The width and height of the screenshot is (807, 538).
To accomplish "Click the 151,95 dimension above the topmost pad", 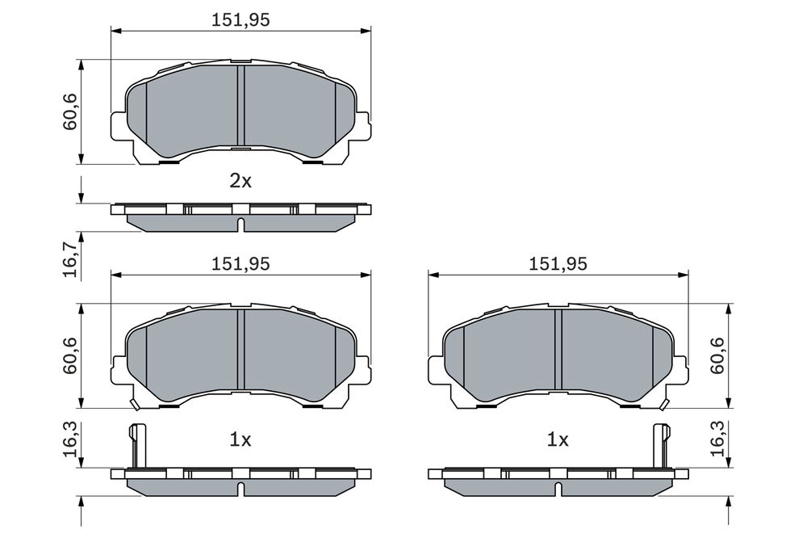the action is click(240, 19).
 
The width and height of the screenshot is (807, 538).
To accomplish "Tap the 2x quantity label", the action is click(240, 181).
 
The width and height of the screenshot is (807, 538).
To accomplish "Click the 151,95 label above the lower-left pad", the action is click(240, 263).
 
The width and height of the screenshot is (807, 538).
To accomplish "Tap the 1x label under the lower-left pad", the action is click(240, 439).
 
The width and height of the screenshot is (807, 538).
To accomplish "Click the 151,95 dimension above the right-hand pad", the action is click(558, 263).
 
